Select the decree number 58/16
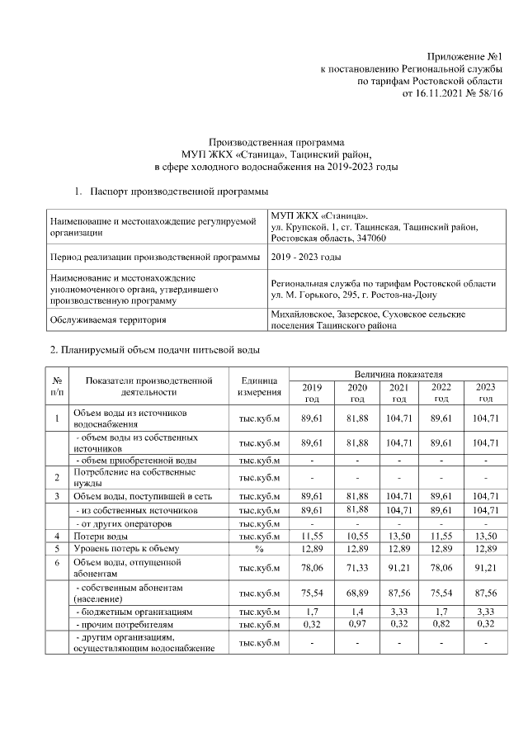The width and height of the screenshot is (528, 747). [488, 94]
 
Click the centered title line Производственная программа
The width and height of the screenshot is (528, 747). [276, 142]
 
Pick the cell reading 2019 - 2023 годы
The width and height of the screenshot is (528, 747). [305, 258]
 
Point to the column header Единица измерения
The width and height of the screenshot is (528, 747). [260, 385]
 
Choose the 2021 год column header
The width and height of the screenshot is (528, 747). [398, 392]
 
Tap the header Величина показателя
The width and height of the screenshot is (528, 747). [398, 374]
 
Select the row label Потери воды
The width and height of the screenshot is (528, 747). [99, 536]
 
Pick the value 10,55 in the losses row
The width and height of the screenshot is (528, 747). [356, 536]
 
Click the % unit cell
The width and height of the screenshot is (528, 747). [260, 548]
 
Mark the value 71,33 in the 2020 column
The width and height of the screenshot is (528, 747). [356, 567]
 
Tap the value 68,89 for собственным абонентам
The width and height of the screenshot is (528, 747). [356, 592]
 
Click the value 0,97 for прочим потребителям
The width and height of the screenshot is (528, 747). [356, 626]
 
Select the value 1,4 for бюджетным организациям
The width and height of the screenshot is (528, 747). [356, 613]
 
